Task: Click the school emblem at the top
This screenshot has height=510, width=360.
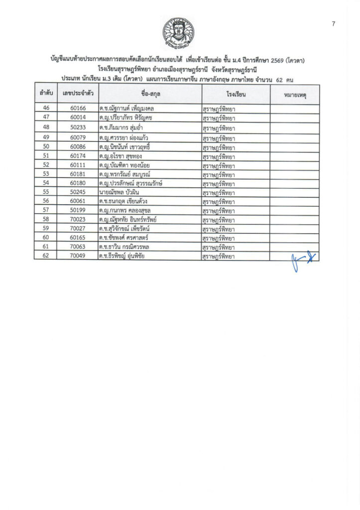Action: pos(180,33)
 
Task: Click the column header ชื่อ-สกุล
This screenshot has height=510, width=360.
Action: pos(149,93)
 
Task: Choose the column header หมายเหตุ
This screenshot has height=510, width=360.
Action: pos(294,93)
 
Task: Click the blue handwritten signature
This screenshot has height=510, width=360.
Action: pos(303,260)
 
